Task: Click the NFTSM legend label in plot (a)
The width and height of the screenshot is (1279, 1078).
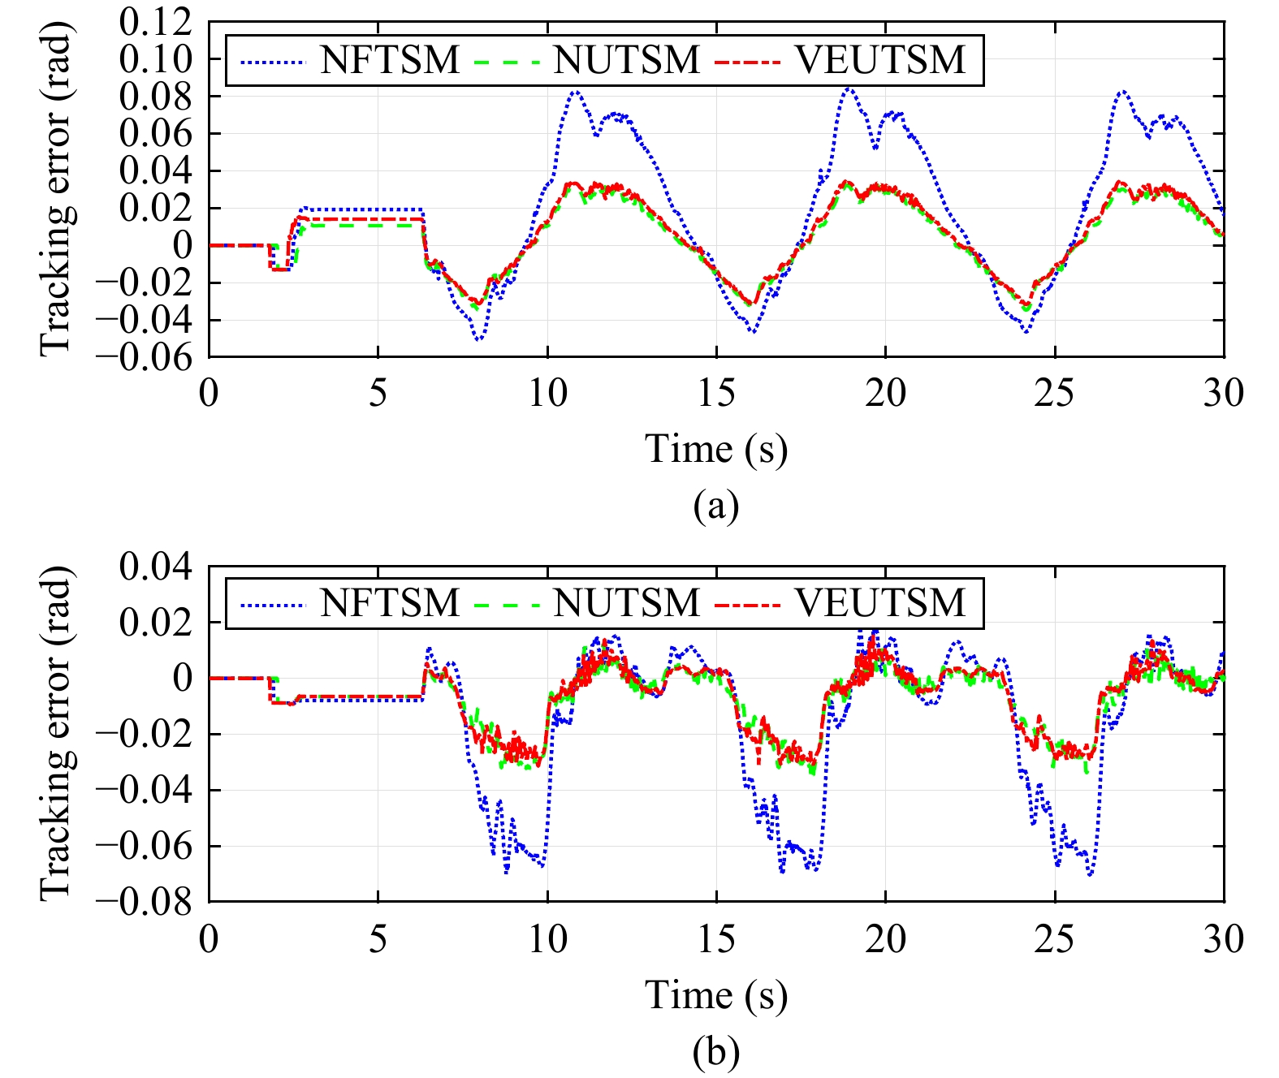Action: coord(390,60)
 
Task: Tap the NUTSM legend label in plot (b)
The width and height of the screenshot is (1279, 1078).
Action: coord(626,603)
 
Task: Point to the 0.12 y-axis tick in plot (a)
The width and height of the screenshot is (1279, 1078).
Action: coord(156,22)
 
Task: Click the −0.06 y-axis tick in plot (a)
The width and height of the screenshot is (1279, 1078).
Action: coord(145,357)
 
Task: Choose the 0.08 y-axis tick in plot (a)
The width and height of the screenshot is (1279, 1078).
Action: coord(156,97)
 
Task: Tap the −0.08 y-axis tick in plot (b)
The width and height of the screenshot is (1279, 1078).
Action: coord(145,902)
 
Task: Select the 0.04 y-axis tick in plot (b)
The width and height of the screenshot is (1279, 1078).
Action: coord(156,567)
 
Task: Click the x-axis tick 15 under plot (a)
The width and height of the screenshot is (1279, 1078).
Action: coord(716,394)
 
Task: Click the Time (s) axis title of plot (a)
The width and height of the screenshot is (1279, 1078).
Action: coord(716,449)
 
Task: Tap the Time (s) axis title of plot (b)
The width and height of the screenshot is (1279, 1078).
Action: coord(716,995)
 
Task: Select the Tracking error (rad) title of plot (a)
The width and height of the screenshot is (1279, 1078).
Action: coord(57,188)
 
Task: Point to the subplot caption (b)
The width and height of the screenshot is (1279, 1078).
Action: coord(716,1052)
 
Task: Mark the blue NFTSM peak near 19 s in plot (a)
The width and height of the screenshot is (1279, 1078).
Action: coord(849,88)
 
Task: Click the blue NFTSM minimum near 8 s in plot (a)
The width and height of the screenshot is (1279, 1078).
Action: coord(479,339)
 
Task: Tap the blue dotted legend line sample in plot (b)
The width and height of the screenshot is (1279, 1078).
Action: coord(272,605)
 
